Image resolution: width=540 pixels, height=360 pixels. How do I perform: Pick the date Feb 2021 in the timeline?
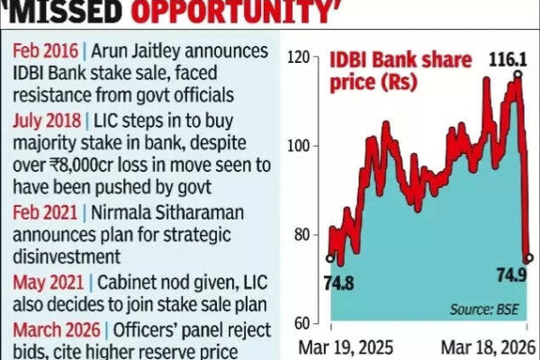[37, 209]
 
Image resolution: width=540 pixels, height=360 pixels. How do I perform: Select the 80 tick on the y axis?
[303, 235]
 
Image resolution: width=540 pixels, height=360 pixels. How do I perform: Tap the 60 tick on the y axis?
[303, 322]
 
